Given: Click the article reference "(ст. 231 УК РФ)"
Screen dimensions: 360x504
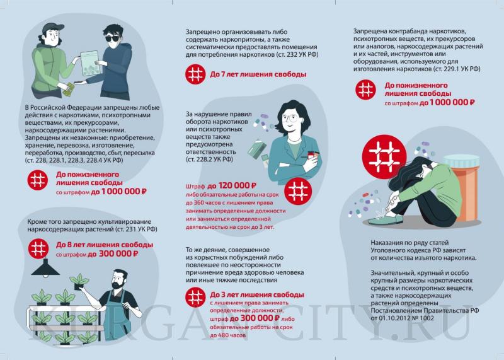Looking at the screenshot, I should click(130, 229).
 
